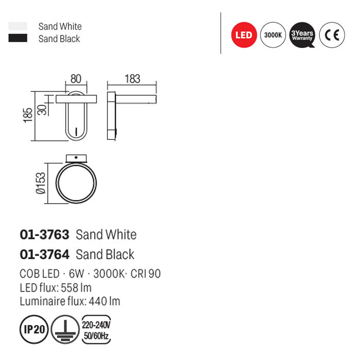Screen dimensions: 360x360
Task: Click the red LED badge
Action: pyautogui.click(x=244, y=35)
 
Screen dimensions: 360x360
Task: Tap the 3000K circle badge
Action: pyautogui.click(x=273, y=35)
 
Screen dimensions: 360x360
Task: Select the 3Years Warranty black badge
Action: pyautogui.click(x=302, y=35)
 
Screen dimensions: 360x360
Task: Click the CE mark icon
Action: pyautogui.click(x=332, y=35)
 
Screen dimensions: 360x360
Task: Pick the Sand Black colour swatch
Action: pyautogui.click(x=17, y=38)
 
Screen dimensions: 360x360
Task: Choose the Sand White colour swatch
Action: pyautogui.click(x=17, y=26)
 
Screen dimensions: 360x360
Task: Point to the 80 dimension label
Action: pyautogui.click(x=76, y=79)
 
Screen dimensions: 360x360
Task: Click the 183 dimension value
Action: pyautogui.click(x=133, y=79)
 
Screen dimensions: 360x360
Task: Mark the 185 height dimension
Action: pyautogui.click(x=28, y=115)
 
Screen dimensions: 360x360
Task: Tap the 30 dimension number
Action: pyautogui.click(x=42, y=110)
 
